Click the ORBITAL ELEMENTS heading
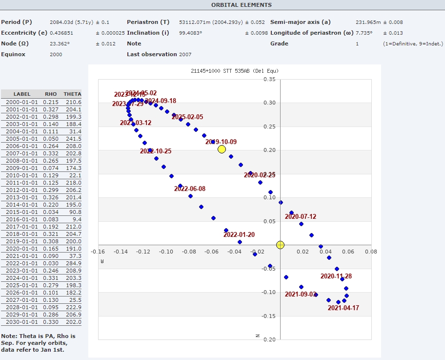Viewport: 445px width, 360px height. point(242,5)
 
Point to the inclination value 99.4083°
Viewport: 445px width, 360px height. point(191,33)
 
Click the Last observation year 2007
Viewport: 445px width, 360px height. point(185,54)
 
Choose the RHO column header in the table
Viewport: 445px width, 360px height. point(51,94)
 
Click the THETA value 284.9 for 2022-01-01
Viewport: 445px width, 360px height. point(73,263)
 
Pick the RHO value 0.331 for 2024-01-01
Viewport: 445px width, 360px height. point(51,278)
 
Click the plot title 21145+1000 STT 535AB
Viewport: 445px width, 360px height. point(234,71)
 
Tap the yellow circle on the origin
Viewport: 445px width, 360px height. point(280,245)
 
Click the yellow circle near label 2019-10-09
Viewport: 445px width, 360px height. point(222,149)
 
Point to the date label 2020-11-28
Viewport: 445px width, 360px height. point(336,276)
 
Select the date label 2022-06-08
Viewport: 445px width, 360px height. point(190,189)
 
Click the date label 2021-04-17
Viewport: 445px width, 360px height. point(343,308)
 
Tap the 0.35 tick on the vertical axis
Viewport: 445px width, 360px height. point(269,79)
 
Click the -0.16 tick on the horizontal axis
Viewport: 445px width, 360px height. point(98,252)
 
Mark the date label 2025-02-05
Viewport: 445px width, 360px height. point(187,117)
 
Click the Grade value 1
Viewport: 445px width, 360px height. point(357,43)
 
